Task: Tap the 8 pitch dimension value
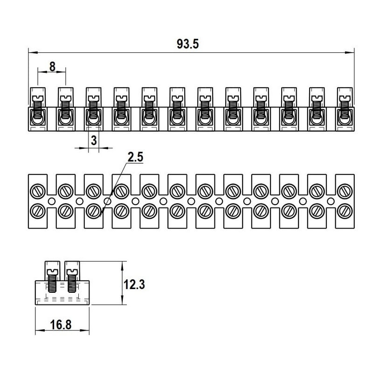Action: point(52,67)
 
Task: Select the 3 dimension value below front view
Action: point(94,140)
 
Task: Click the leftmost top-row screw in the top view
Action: point(37,190)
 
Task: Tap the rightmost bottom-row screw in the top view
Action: point(345,211)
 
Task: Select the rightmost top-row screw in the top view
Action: point(345,190)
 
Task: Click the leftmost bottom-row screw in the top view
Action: point(37,211)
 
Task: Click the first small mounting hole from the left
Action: point(51,201)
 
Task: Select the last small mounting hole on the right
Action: point(331,201)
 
